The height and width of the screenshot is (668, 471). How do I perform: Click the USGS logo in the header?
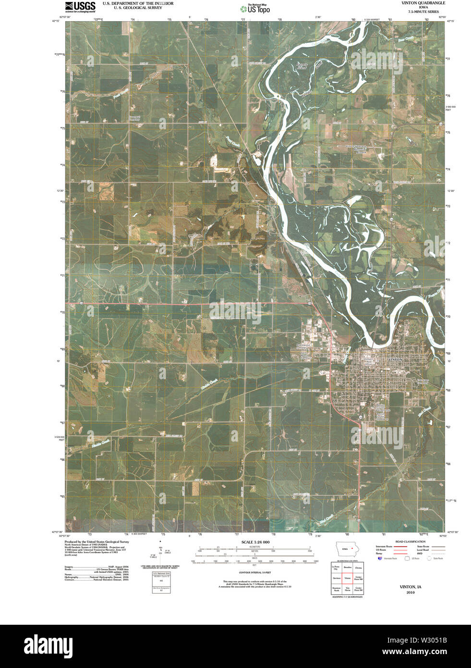click(x=80, y=6)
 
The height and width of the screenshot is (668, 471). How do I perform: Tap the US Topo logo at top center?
click(x=255, y=8)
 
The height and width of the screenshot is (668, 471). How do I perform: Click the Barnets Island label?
click(x=301, y=66)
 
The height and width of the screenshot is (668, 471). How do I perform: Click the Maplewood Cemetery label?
click(x=304, y=346)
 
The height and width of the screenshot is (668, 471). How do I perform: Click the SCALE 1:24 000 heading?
click(x=252, y=542)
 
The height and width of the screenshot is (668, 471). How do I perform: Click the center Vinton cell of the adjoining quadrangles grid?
click(x=347, y=578)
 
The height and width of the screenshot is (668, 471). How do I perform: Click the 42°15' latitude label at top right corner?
click(x=450, y=21)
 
